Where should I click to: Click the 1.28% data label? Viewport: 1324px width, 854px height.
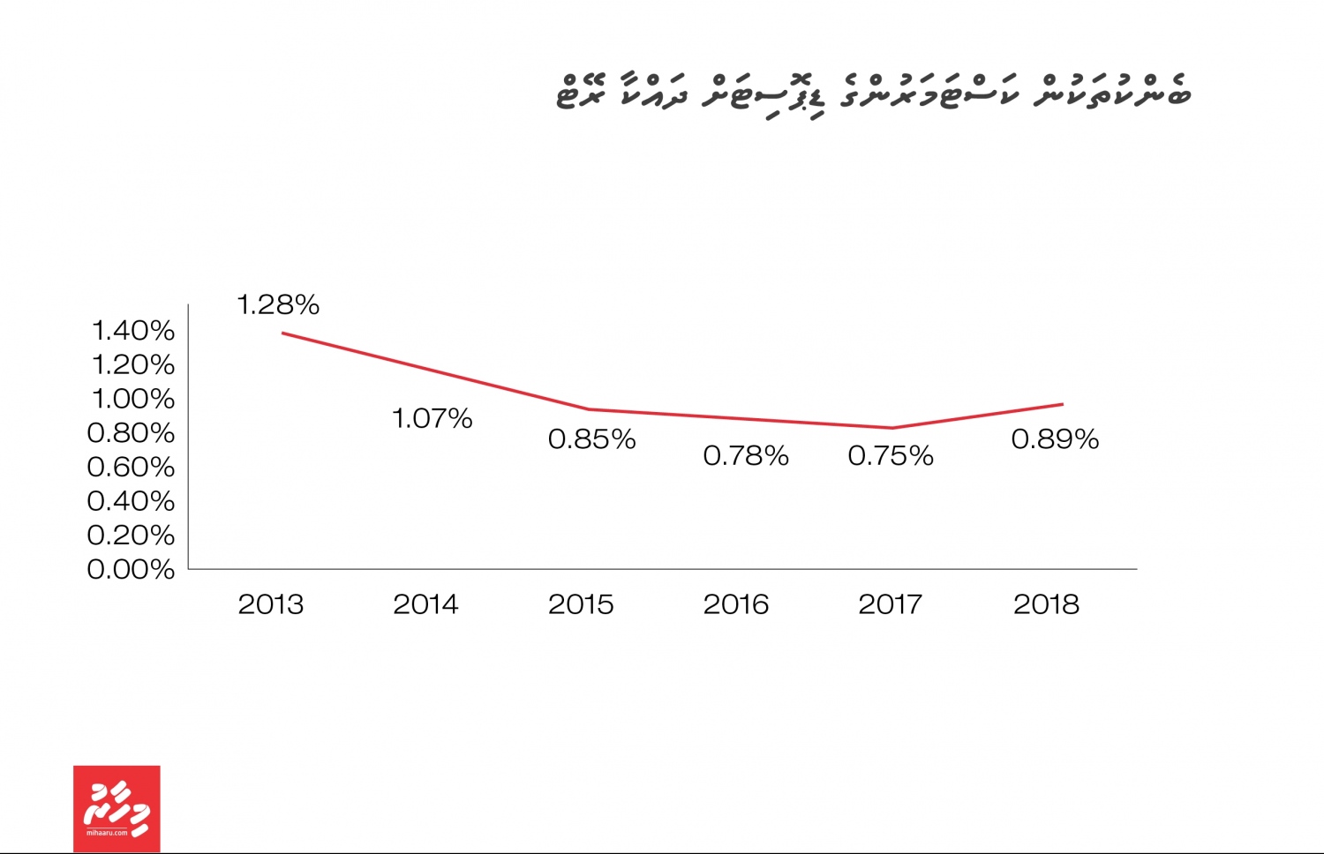click(x=278, y=305)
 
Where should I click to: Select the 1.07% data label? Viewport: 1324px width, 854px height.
click(x=432, y=418)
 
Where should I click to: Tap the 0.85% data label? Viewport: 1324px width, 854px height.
click(x=591, y=439)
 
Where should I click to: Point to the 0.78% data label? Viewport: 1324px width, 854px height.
click(x=746, y=456)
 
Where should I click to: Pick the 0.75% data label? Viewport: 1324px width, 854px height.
click(x=891, y=456)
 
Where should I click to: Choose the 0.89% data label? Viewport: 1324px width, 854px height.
click(x=1055, y=439)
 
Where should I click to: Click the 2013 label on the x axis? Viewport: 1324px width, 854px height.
click(x=271, y=604)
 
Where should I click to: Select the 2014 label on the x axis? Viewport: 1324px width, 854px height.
click(x=425, y=604)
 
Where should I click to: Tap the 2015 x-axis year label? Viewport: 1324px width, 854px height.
click(x=581, y=604)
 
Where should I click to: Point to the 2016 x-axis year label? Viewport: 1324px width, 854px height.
click(x=736, y=604)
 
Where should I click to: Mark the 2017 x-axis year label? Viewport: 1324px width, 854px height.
click(x=891, y=604)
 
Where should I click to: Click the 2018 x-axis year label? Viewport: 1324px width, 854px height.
click(x=1046, y=604)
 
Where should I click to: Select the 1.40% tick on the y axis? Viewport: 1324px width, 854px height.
click(x=133, y=331)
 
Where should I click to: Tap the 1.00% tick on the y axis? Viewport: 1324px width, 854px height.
click(x=133, y=399)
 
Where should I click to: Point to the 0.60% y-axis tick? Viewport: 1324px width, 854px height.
click(x=131, y=467)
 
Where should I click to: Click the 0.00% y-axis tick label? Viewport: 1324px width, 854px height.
click(x=131, y=570)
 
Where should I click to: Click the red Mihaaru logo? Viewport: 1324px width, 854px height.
click(x=117, y=808)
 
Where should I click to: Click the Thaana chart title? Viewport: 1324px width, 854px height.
click(x=873, y=94)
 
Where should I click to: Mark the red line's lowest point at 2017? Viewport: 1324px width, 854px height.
click(x=892, y=428)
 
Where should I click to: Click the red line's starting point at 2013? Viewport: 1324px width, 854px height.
click(x=282, y=333)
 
